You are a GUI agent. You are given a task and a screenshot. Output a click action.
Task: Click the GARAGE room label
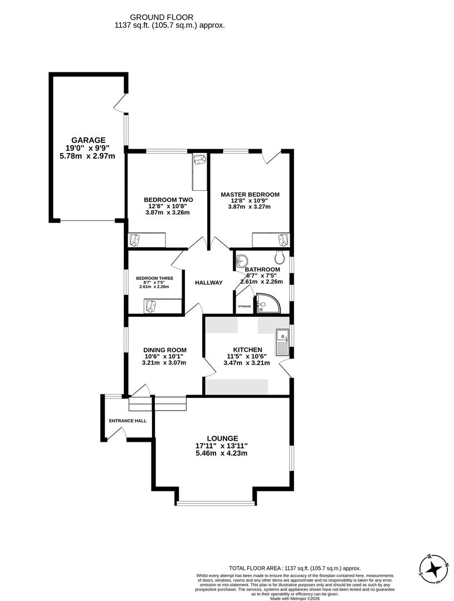click(x=88, y=140)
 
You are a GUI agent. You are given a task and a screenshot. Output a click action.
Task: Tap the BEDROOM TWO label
click(x=168, y=200)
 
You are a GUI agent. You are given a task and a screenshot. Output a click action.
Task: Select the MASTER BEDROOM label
click(x=250, y=194)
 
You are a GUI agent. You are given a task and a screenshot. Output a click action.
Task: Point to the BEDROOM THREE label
click(x=155, y=278)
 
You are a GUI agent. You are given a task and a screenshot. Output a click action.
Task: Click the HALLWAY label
click(x=209, y=283)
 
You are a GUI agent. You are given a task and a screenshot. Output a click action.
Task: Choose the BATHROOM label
click(x=262, y=269)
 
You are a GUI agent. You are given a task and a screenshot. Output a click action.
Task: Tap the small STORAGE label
click(x=245, y=307)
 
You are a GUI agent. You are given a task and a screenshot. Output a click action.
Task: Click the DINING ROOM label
click(x=164, y=350)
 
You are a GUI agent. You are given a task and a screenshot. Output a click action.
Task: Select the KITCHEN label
click(x=247, y=349)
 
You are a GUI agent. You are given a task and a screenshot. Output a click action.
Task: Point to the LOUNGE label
click(x=223, y=439)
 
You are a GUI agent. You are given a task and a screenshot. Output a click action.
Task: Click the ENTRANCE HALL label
click(x=128, y=421)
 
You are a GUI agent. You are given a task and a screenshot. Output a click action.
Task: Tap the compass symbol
click(x=433, y=568)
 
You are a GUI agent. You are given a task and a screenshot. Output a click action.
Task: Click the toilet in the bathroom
click(x=280, y=257)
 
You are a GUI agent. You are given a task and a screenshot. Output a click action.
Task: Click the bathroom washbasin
click(x=242, y=260)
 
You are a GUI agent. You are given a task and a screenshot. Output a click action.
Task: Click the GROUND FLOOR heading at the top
click(x=169, y=18)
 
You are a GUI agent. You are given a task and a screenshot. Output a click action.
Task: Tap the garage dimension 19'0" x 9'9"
click(x=87, y=148)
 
